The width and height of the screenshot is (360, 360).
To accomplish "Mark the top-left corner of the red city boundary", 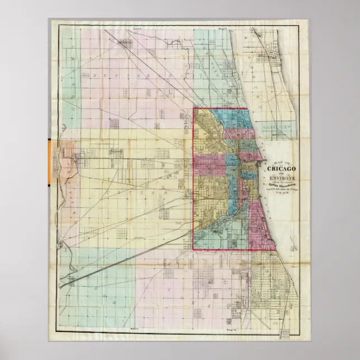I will [194, 108].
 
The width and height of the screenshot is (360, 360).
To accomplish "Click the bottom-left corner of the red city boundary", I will [194, 249].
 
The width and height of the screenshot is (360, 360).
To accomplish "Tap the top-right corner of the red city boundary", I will [247, 109].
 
